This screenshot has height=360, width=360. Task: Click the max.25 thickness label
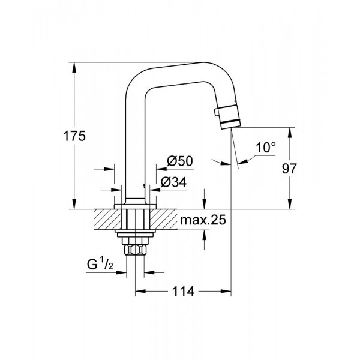202,221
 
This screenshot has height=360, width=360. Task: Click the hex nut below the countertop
136,248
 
